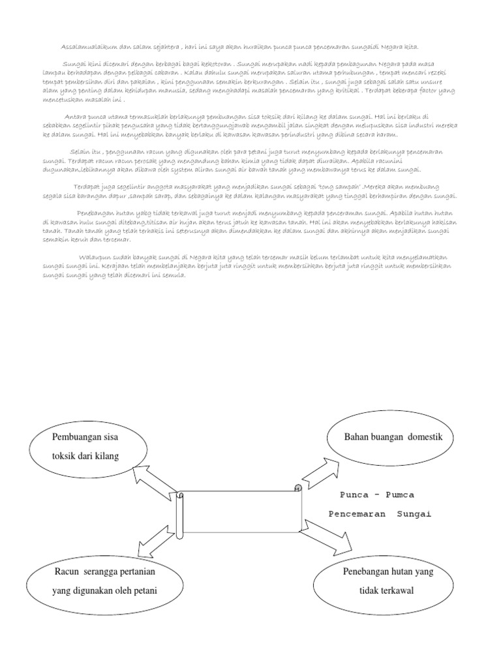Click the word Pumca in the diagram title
pyautogui.click(x=399, y=495)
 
